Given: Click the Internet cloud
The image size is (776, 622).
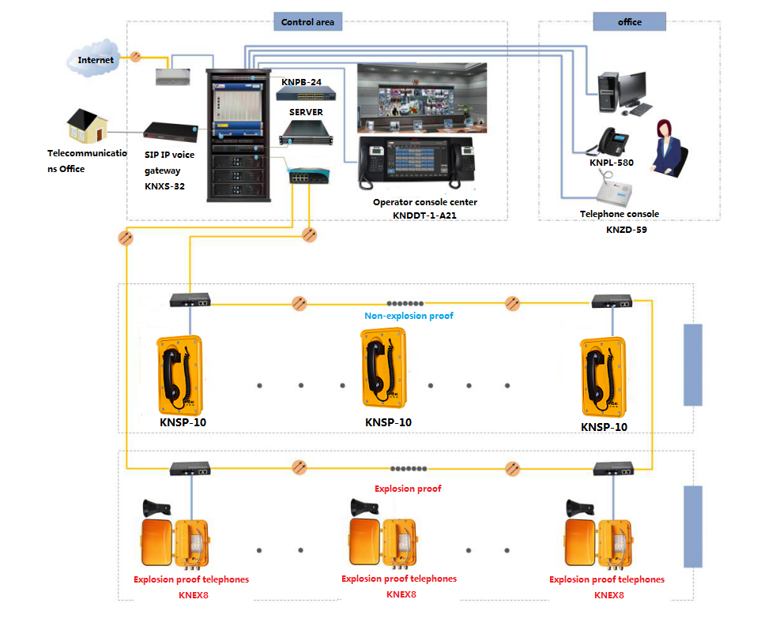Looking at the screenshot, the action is pyautogui.click(x=93, y=58).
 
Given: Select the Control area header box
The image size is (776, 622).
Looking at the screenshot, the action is pyautogui.click(x=308, y=22).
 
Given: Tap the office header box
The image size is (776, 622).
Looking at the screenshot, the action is pyautogui.click(x=630, y=22).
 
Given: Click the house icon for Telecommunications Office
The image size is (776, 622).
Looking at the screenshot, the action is pyautogui.click(x=87, y=126).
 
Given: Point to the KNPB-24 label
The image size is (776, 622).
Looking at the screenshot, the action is pyautogui.click(x=301, y=82).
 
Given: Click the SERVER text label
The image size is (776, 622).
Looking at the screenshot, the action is pyautogui.click(x=306, y=112).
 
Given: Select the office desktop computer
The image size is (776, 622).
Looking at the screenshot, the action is pyautogui.click(x=624, y=94).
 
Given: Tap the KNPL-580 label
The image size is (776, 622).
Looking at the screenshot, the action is pyautogui.click(x=612, y=163).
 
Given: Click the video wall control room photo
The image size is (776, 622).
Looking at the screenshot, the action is pyautogui.click(x=422, y=98).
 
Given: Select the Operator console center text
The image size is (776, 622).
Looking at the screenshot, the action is pyautogui.click(x=425, y=202).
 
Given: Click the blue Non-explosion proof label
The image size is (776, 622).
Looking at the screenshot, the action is pyautogui.click(x=409, y=316).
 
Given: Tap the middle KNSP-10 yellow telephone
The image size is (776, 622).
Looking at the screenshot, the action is pyautogui.click(x=384, y=368).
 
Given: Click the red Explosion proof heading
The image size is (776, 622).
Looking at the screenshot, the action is pyautogui.click(x=408, y=489).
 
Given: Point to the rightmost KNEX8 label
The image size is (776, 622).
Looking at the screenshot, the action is pyautogui.click(x=609, y=595).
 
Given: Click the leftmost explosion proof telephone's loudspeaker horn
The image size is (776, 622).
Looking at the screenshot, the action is pyautogui.click(x=157, y=508).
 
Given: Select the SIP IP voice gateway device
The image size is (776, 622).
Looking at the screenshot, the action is pyautogui.click(x=171, y=132).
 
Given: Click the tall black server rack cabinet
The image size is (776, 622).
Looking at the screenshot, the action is pyautogui.click(x=239, y=136).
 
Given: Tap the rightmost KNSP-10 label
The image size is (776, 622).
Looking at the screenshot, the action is pyautogui.click(x=604, y=427).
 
